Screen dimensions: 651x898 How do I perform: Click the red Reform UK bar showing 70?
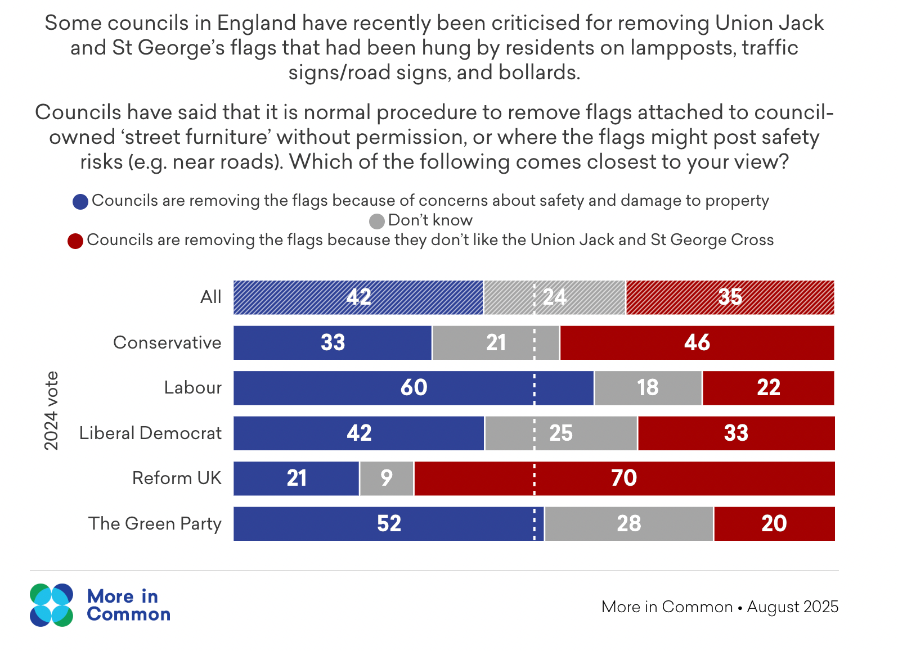coord(624,478)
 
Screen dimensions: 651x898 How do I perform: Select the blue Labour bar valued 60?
coord(414,388)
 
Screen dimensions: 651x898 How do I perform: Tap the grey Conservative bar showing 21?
coord(496,343)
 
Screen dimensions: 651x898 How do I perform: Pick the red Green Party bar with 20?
coord(774,524)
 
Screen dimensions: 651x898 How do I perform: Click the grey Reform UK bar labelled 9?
coord(387,478)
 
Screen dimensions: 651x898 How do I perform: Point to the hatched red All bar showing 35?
coord(730,297)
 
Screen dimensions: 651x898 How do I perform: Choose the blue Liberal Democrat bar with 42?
coord(359,433)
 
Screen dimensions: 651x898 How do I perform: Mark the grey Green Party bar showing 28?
coord(628,524)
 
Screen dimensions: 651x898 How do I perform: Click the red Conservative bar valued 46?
coord(697,343)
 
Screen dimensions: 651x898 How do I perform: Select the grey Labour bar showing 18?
coord(648,388)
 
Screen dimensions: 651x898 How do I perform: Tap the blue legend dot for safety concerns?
coord(80,202)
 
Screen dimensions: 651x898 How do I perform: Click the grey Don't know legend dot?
coord(376,221)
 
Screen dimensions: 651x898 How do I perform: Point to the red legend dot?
coord(75,241)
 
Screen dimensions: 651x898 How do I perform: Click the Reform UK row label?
coord(177,478)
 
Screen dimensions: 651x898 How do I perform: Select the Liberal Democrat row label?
coord(150,433)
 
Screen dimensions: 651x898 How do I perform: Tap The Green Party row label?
coord(155,524)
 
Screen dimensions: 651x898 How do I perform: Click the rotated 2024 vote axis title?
coord(51,410)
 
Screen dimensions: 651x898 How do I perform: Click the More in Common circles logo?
coord(51,605)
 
